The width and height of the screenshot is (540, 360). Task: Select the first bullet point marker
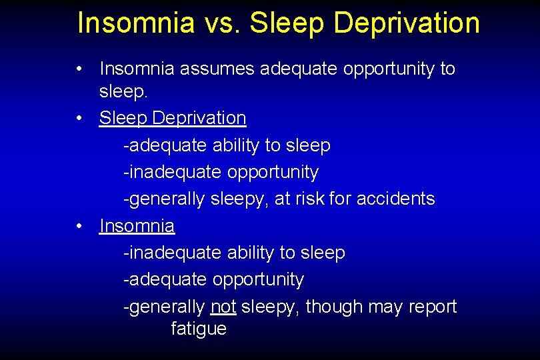tap(80, 69)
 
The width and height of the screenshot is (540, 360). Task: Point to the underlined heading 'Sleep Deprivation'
tap(173, 118)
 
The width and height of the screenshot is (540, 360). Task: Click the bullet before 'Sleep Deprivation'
tap(80, 118)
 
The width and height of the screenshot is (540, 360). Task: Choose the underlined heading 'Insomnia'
tap(137, 226)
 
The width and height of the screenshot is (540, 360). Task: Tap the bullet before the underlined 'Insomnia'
tap(80, 226)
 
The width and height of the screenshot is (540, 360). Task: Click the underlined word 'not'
tap(223, 307)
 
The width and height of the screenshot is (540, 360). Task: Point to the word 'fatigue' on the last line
tap(199, 329)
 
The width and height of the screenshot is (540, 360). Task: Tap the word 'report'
tap(431, 307)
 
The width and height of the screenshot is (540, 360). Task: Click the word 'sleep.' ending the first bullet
tap(122, 91)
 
